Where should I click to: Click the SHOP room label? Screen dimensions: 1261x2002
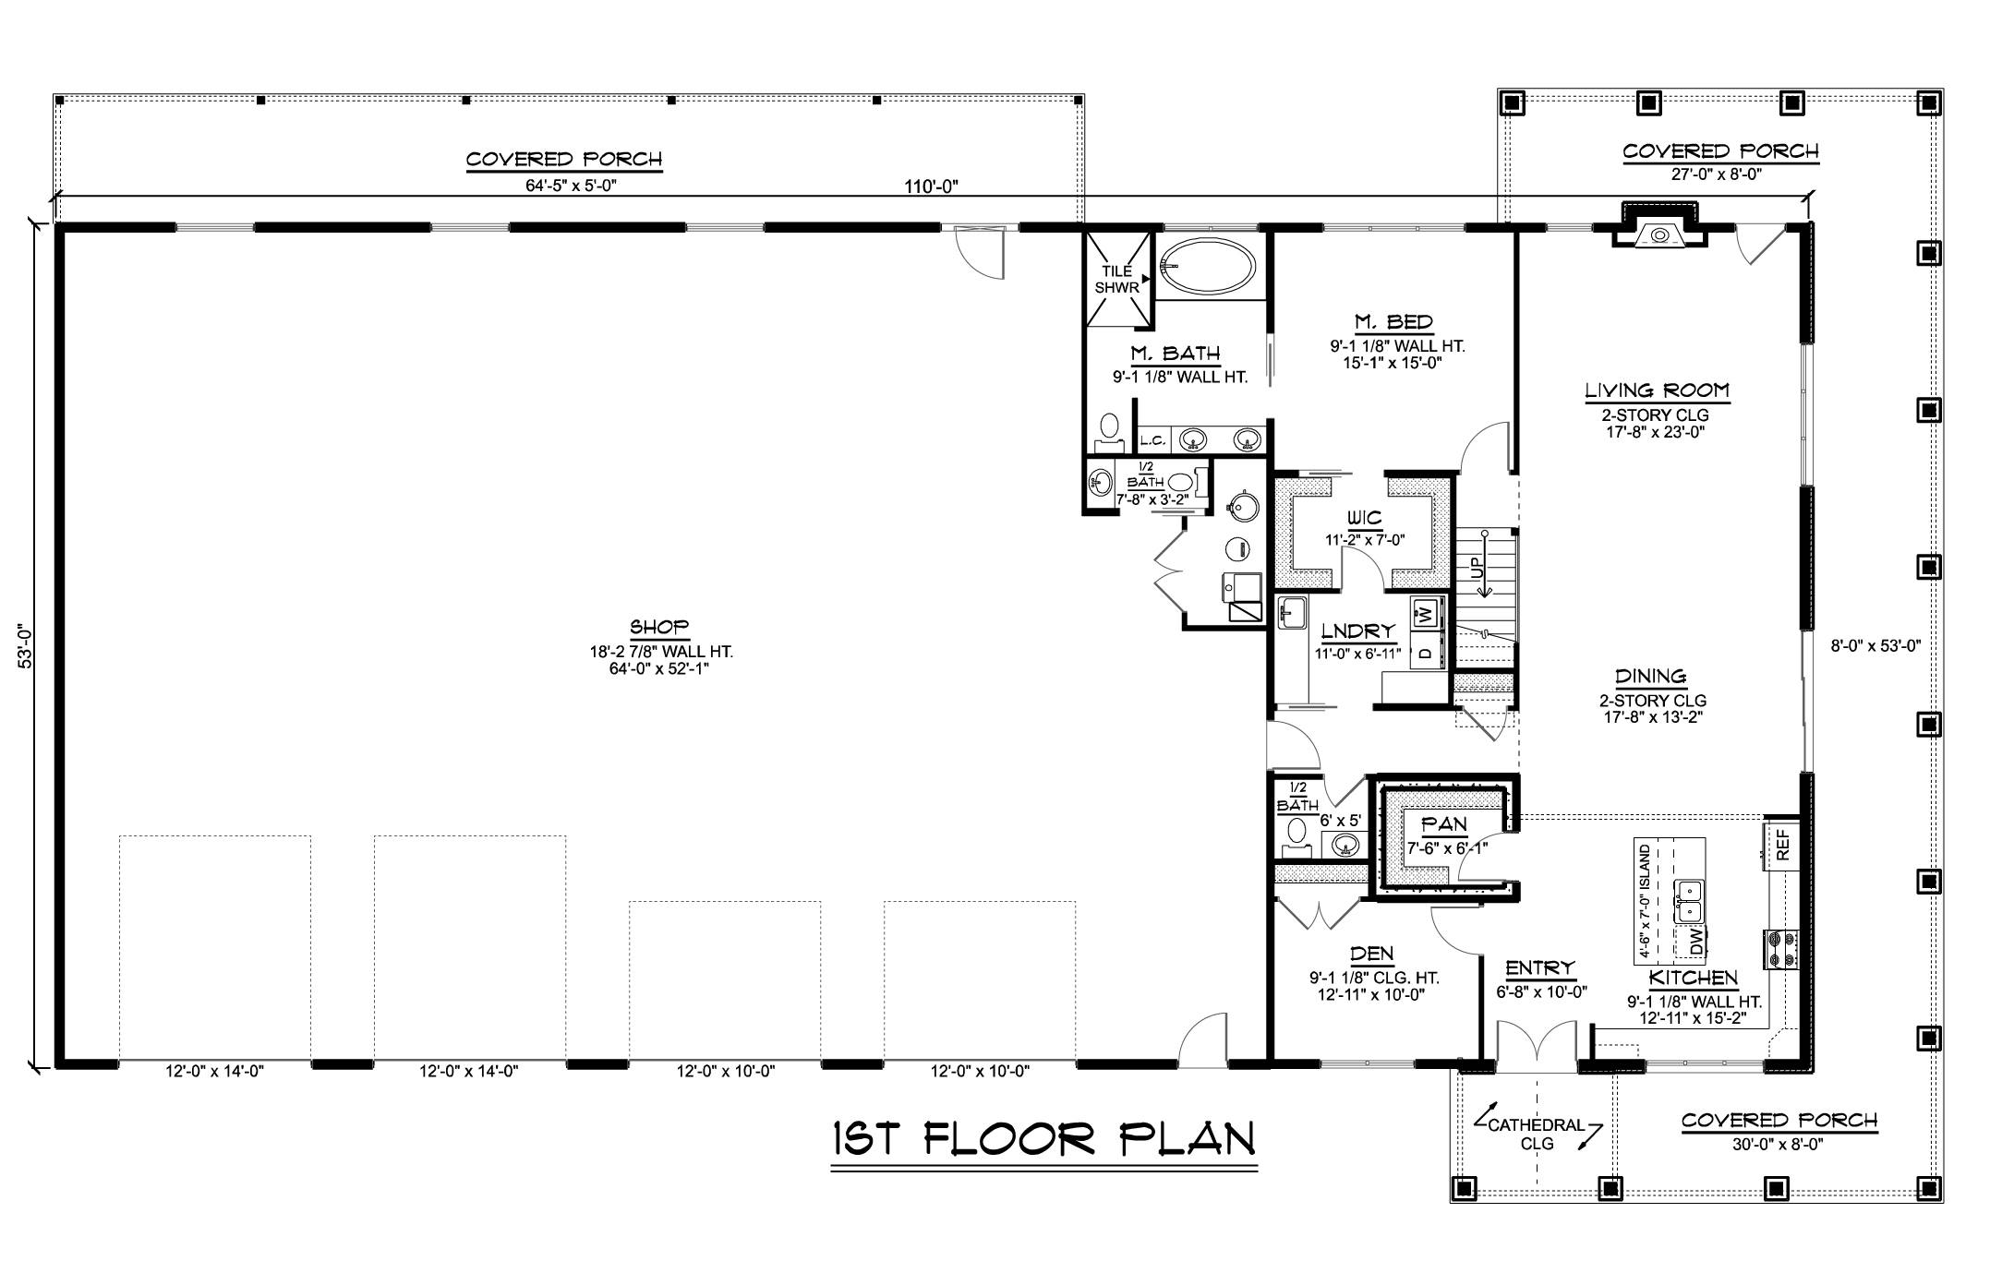(660, 628)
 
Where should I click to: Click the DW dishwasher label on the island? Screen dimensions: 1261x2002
(1696, 942)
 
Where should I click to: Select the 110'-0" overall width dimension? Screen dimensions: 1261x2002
(931, 187)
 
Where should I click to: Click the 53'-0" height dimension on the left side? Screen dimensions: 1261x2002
(25, 646)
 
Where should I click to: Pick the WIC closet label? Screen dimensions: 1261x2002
(1364, 518)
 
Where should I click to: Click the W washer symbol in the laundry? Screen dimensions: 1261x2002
(1426, 612)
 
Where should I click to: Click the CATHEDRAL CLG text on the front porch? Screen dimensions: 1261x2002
(1537, 1135)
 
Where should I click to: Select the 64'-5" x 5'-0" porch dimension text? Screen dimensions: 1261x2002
(571, 186)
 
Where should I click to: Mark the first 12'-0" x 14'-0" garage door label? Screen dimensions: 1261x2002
(214, 1072)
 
